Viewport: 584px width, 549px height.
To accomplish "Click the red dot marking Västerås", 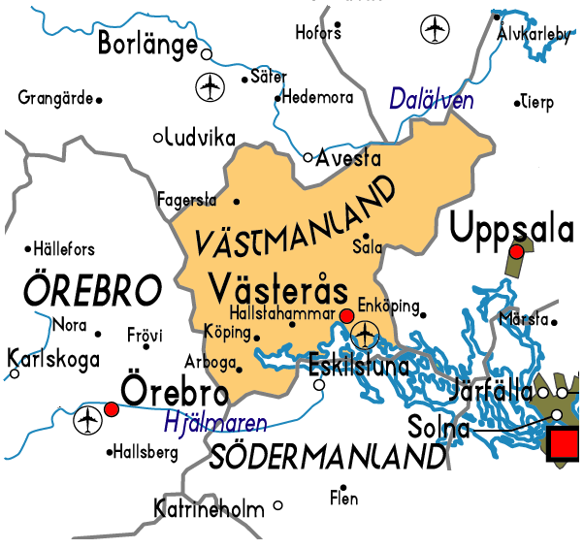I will click(x=346, y=315).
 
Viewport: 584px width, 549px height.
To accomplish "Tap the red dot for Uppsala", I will click(x=517, y=251).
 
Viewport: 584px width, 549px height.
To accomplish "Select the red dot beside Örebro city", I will click(x=112, y=409).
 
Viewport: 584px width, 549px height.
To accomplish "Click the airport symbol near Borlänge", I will click(x=210, y=86).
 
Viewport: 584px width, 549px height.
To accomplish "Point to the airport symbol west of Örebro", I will click(x=87, y=420).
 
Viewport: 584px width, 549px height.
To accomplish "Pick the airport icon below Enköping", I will click(x=365, y=336).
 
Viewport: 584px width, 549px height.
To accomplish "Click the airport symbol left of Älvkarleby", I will click(x=436, y=30).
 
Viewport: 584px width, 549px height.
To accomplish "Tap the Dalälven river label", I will click(x=431, y=99).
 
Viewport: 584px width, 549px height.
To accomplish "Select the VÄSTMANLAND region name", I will click(x=296, y=215).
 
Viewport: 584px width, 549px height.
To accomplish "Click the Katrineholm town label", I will click(x=209, y=507).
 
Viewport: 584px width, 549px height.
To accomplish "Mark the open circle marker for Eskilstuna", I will click(x=319, y=385).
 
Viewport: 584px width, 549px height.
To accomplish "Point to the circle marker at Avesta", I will click(x=308, y=157).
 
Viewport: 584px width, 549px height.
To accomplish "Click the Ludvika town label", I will click(x=194, y=137).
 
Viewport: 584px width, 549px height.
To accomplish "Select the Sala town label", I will click(x=367, y=247).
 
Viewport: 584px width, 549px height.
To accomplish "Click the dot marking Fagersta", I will click(x=237, y=202).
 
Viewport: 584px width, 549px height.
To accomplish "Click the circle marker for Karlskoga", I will click(x=15, y=373).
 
